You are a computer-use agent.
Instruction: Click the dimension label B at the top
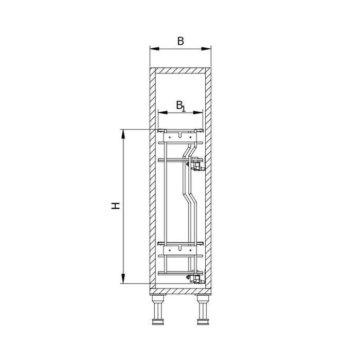(x=181, y=41)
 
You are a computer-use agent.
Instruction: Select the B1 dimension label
(x=181, y=106)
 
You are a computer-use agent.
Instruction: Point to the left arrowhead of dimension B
(x=154, y=49)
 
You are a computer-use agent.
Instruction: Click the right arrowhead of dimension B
(x=206, y=49)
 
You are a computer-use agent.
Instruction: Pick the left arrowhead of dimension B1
(x=163, y=113)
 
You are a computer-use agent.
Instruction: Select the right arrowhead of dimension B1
(x=198, y=113)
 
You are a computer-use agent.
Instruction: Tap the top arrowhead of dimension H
(x=123, y=134)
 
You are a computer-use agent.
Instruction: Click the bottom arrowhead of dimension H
(x=123, y=279)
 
